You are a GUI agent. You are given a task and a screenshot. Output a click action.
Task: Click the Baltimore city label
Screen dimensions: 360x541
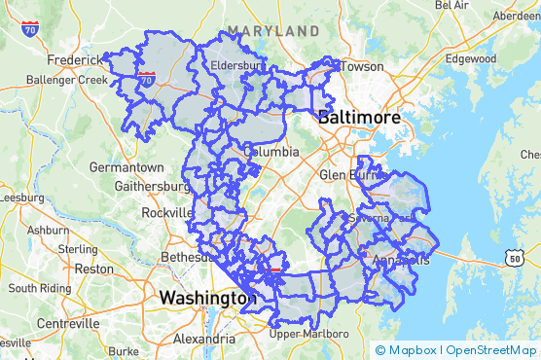[x=360, y=117]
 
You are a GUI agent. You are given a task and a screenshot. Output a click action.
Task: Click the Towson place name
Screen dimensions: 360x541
[x=363, y=67]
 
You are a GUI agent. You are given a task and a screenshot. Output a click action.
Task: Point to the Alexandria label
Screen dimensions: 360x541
[x=203, y=340]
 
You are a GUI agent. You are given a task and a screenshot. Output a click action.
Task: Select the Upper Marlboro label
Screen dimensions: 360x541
[x=308, y=334]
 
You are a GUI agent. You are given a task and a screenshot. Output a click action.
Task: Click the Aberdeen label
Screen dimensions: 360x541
[x=516, y=16]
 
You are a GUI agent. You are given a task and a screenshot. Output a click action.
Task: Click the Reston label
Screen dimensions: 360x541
[x=94, y=269]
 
